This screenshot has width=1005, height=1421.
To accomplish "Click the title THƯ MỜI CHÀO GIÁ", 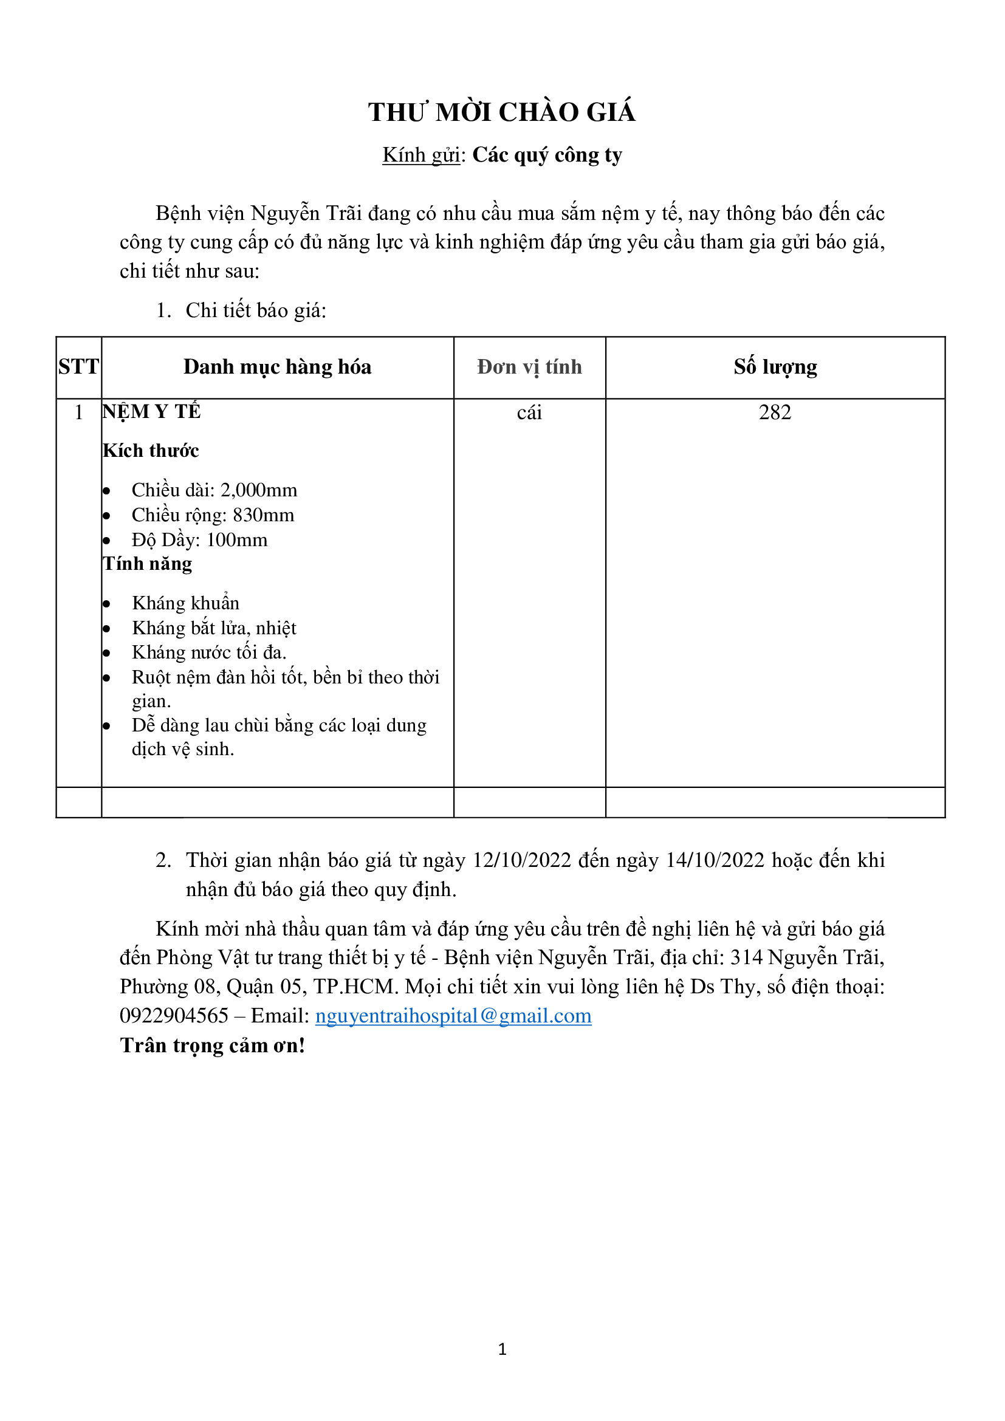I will tap(502, 112).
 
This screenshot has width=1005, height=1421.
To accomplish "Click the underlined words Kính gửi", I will tap(421, 155).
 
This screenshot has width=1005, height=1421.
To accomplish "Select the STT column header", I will tap(78, 367).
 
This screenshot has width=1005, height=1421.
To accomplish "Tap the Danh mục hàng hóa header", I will tap(277, 367).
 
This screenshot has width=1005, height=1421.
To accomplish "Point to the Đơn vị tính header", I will tap(529, 367).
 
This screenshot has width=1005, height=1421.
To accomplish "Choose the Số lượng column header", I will tap(775, 367).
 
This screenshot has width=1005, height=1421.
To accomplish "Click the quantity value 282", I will tap(775, 413).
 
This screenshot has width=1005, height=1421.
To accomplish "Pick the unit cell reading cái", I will tap(529, 413).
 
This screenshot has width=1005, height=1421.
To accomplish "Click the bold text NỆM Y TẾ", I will tap(152, 411).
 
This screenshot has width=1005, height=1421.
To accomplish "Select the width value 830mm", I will tap(264, 515).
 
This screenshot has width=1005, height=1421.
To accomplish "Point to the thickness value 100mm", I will tap(237, 540).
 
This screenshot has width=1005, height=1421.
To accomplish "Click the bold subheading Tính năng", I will tap(147, 564).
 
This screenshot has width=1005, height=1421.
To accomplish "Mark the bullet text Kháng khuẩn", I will tap(186, 603).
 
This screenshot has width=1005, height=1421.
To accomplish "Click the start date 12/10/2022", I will tap(522, 860).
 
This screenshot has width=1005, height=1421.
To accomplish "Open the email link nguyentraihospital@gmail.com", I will tap(453, 1016).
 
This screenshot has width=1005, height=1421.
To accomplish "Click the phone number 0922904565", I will tap(174, 1016).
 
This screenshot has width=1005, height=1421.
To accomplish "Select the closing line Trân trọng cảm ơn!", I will tap(212, 1046).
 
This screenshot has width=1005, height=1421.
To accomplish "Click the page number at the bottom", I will tap(502, 1349).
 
